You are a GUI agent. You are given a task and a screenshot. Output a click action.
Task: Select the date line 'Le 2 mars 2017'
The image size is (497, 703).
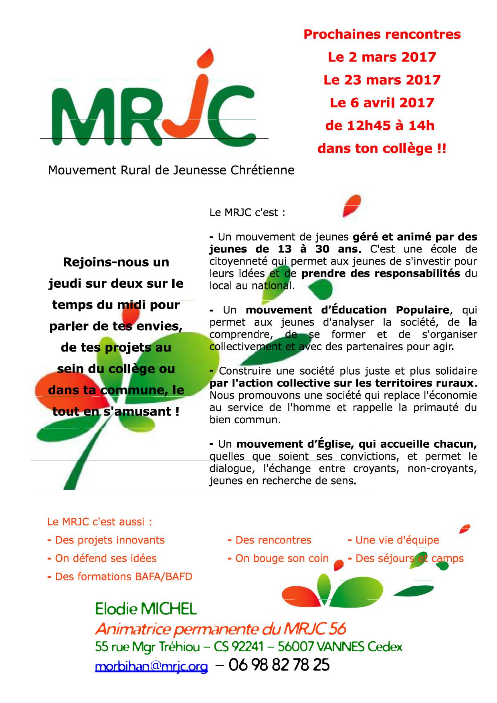coord(382,57)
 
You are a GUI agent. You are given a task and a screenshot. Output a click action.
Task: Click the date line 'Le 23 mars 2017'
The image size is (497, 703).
coord(382,80)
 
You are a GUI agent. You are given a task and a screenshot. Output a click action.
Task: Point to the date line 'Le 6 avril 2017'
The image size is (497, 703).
coord(382,103)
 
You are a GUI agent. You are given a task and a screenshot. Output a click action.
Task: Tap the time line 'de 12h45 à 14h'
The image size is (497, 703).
coord(380,126)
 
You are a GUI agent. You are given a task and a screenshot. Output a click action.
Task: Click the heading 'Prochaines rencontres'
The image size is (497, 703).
coord(382,34)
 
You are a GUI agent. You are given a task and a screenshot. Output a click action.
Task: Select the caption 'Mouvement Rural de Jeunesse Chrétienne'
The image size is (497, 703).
coord(171,170)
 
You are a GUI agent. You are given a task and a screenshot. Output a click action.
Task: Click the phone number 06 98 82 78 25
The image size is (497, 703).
coord(279,665)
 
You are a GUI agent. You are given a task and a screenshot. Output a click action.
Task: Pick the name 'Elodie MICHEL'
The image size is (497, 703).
coord(146,610)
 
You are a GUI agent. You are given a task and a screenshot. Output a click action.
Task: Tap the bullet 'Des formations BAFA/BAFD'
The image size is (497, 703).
coord(123,577)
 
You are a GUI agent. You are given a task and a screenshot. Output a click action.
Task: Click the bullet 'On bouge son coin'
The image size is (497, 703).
coord(282,558)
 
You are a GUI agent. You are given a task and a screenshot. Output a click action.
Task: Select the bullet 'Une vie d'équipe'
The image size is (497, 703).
coord(397,540)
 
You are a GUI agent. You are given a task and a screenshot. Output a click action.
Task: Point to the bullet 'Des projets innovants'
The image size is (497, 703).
coord(110,540)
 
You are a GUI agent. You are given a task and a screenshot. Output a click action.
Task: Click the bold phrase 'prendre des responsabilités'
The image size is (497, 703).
coord(380,274)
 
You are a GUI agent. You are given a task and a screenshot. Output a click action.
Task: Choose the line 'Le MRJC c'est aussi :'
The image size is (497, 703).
coord(100,522)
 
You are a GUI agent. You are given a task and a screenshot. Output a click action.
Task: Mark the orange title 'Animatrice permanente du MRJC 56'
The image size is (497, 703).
coord(220,629)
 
